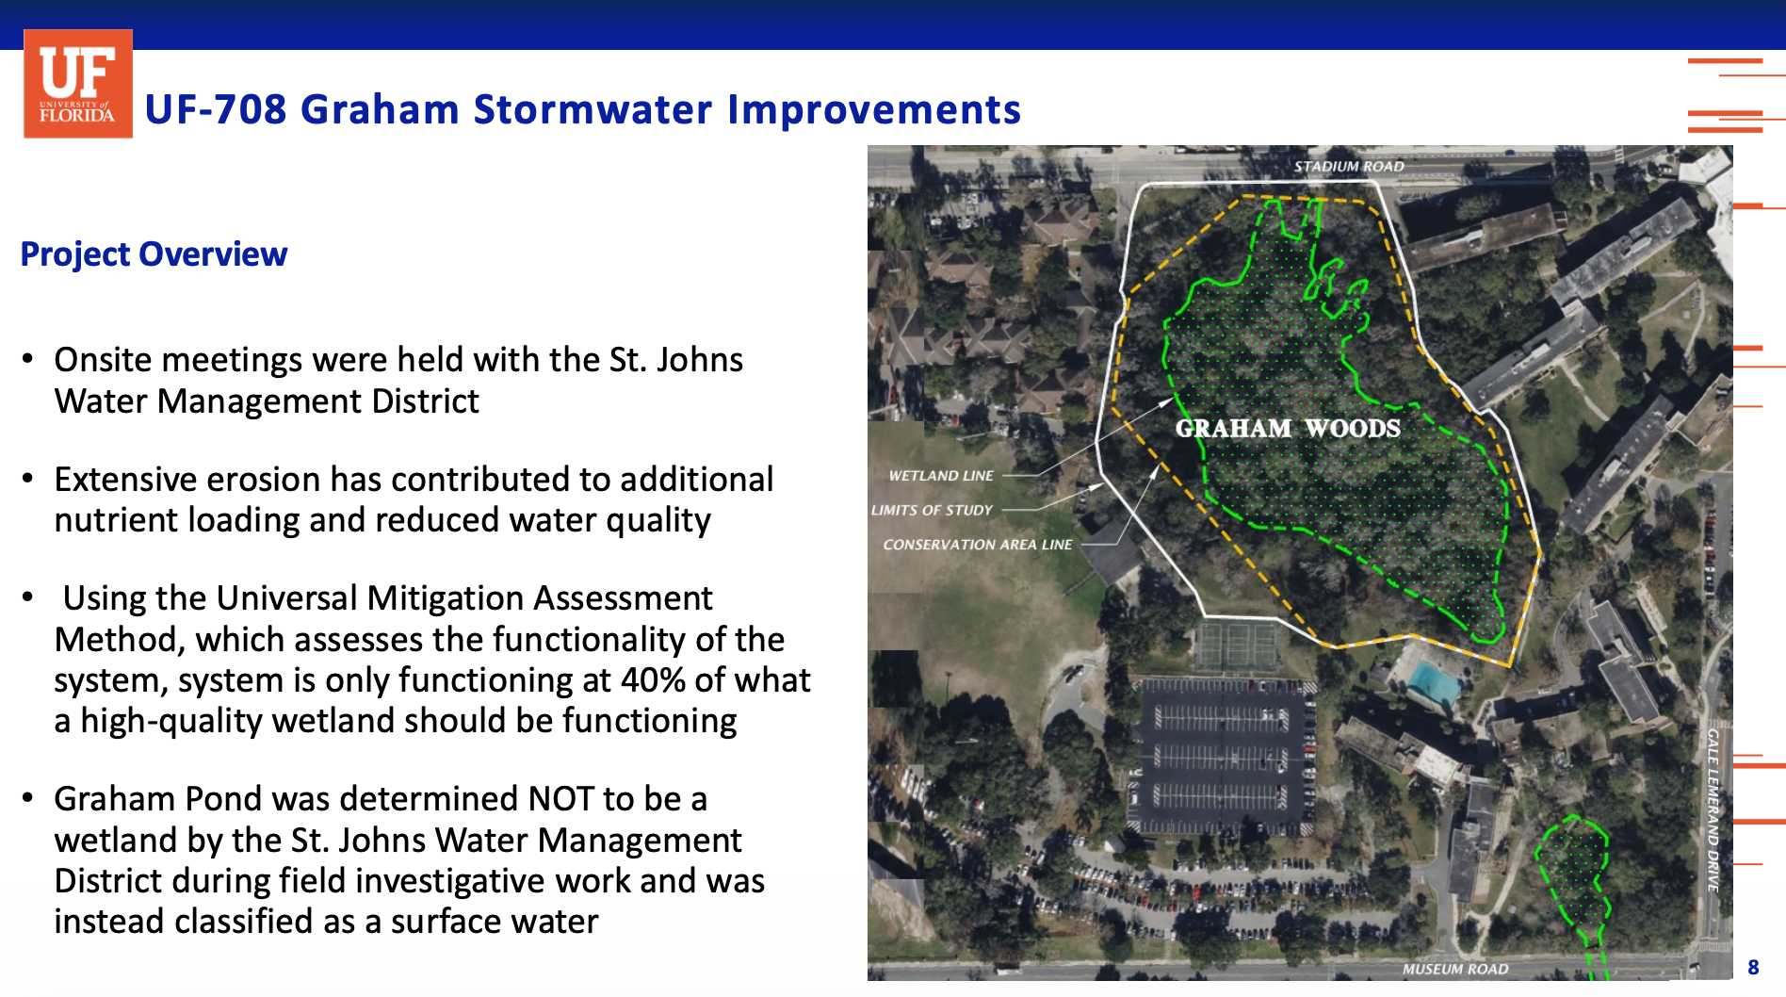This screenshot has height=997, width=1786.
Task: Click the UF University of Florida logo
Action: [x=78, y=84]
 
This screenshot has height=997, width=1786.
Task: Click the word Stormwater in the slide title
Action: [x=593, y=109]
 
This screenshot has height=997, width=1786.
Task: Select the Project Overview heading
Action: [x=154, y=254]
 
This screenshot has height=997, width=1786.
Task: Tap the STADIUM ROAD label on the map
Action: [x=1349, y=167]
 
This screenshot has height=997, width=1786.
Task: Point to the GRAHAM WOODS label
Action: [x=1288, y=429]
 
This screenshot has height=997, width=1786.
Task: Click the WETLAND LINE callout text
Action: [x=941, y=476]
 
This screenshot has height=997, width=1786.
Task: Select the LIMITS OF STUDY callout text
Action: [x=932, y=510]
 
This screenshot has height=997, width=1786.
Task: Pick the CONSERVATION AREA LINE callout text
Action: [x=977, y=545]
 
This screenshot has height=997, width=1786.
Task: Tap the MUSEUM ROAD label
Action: [x=1455, y=969]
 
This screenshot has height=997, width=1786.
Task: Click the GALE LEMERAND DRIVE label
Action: [x=1713, y=809]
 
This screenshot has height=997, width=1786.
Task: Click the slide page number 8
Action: [x=1753, y=968]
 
